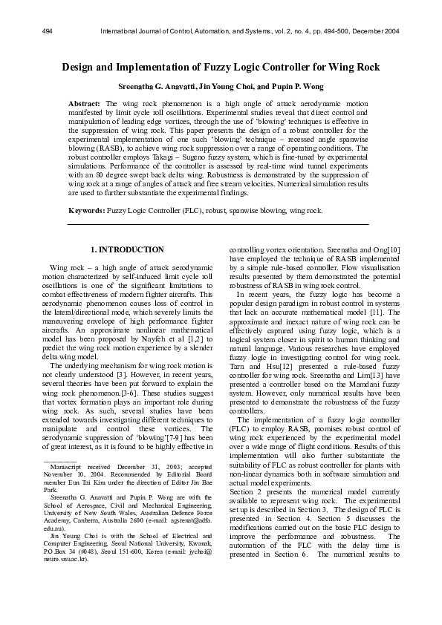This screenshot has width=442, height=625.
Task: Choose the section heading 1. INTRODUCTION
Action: coord(127,250)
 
